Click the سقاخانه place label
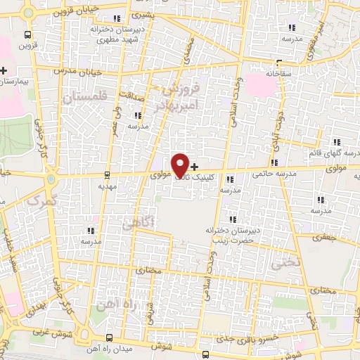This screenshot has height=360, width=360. (278, 72)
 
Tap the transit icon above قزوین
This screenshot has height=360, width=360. (27, 34)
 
